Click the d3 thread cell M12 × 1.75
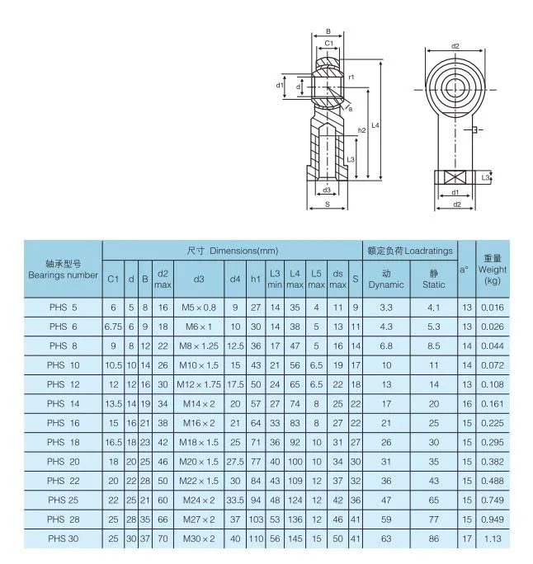click(x=199, y=384)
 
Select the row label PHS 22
click(x=63, y=481)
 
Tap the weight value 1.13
click(x=493, y=538)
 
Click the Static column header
click(x=434, y=280)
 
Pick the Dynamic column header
click(x=386, y=280)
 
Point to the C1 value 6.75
click(x=113, y=327)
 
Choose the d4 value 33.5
click(x=235, y=501)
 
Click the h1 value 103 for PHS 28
click(x=256, y=519)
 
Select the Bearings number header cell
click(x=63, y=270)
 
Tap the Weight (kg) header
click(x=493, y=270)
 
